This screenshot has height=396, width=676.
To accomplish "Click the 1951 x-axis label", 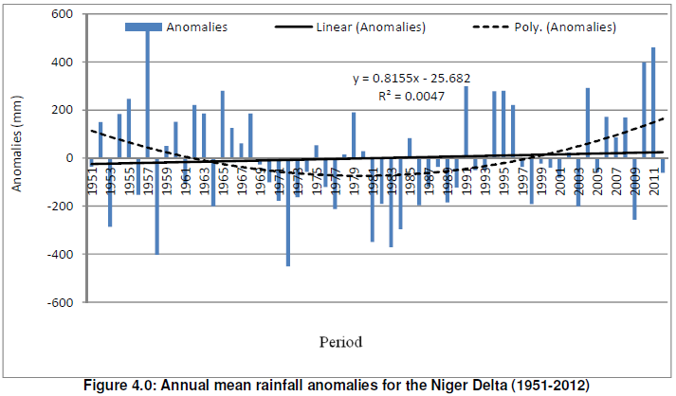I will click(92, 173).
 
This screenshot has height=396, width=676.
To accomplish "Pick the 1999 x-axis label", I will click(539, 173).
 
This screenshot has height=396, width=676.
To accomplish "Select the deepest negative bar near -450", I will click(287, 212).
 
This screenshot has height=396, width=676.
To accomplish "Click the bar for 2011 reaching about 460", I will click(653, 102).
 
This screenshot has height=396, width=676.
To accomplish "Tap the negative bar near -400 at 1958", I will click(156, 206).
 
